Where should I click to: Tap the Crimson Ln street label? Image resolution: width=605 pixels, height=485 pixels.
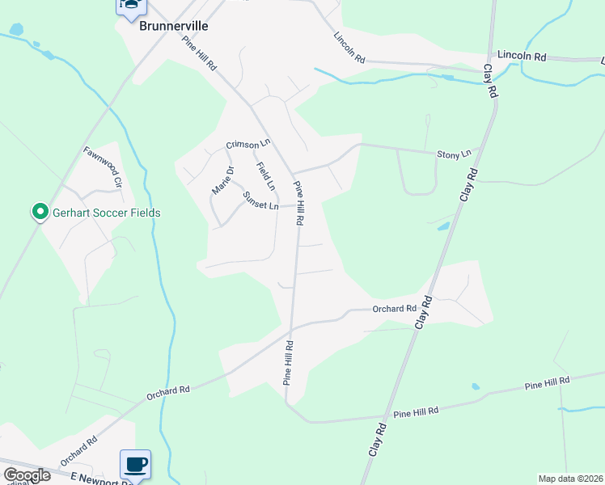coord(247,144)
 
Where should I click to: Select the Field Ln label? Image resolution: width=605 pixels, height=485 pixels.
coord(265,176)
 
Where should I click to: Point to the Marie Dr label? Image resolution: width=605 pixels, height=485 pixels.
coord(222,179)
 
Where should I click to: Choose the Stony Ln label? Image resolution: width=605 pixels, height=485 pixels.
coord(454,154)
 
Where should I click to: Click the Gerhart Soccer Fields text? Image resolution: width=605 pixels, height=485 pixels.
coord(108,213)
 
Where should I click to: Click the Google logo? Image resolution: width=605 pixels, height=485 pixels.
coord(27,475)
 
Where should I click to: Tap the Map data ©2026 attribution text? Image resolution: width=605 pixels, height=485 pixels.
coord(569,479)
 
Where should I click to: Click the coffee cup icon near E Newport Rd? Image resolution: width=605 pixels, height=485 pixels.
coord(135,465)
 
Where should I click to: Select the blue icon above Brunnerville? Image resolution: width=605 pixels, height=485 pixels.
coord(130,6)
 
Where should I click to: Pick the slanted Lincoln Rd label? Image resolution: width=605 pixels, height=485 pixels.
coord(349,48)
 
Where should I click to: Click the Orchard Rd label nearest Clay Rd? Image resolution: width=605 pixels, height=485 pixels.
coord(394,308)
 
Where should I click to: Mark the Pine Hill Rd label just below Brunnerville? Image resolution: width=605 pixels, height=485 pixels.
coord(200,53)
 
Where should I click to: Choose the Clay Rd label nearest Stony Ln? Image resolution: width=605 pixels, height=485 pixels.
coord(468,185)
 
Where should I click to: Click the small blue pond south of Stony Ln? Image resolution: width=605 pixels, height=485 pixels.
coord(443,226)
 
